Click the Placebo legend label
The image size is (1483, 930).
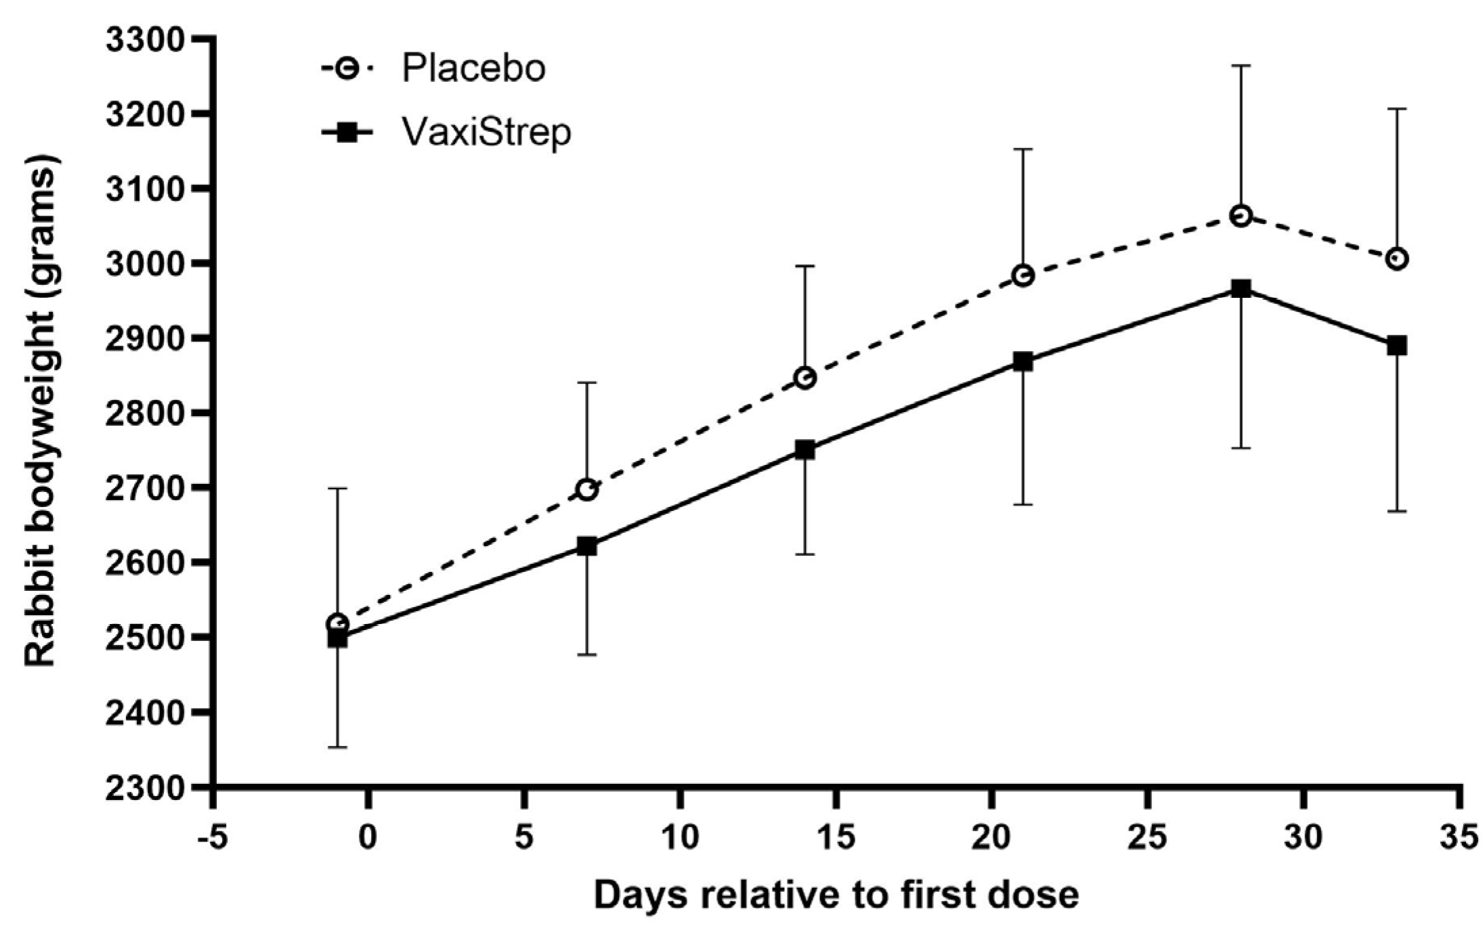click(473, 68)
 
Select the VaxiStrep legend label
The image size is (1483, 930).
click(486, 133)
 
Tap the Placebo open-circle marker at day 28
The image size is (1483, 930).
click(1241, 216)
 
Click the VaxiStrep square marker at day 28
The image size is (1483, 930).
click(1241, 289)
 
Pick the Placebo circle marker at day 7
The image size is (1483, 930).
click(586, 489)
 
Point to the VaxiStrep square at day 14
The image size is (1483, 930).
click(804, 450)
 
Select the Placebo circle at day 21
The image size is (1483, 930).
click(1023, 275)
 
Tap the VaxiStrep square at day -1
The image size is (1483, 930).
click(337, 638)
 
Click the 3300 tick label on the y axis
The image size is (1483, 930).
click(145, 40)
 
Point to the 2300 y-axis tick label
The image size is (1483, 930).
click(145, 788)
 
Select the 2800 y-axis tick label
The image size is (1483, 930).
click(145, 414)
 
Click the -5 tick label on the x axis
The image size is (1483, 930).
click(213, 838)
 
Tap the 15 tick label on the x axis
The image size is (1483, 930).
click(836, 838)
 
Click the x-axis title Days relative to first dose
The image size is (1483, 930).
click(836, 895)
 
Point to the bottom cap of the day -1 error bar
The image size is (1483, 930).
click(337, 747)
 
